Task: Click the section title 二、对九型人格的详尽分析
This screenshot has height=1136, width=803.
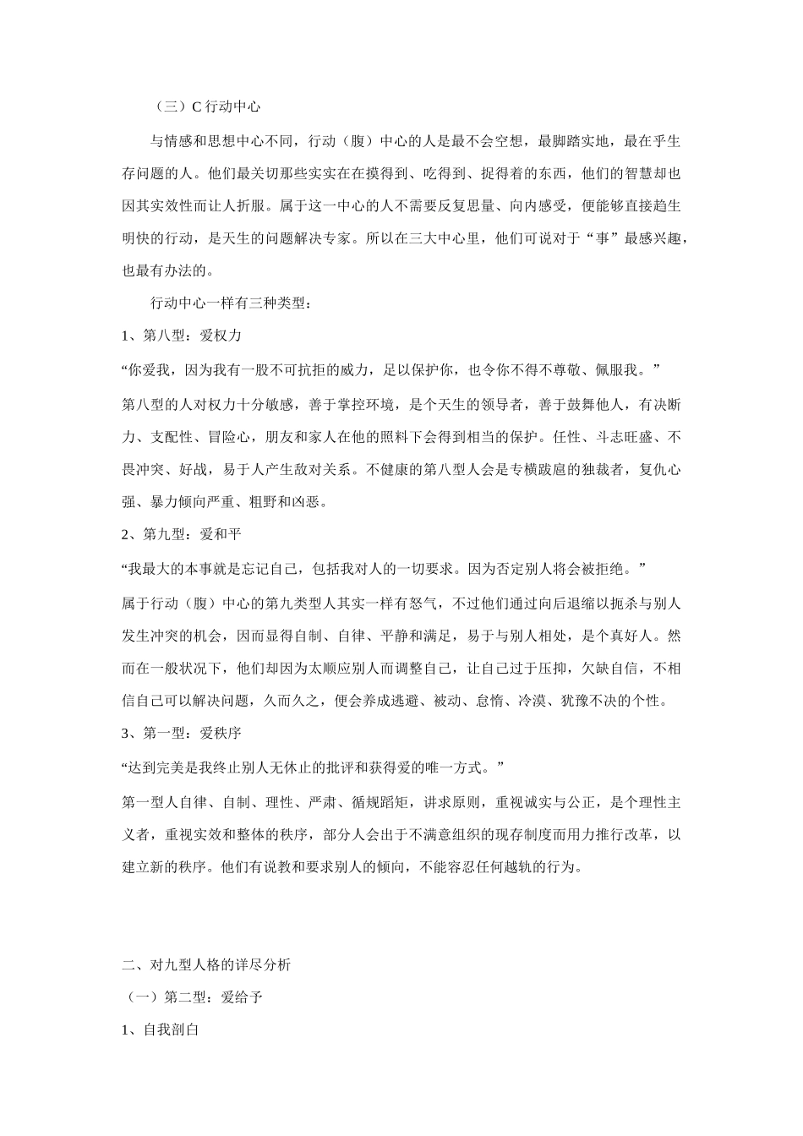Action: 208,964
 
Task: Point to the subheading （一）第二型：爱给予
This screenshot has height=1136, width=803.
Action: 193,997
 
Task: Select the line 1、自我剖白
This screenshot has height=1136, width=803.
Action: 161,1031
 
